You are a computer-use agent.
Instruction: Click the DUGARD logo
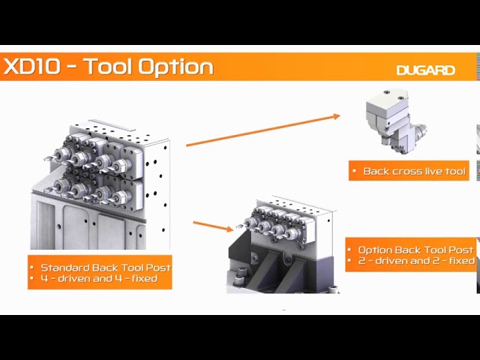pyautogui.click(x=426, y=70)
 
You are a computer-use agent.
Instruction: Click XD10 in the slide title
pyautogui.click(x=31, y=67)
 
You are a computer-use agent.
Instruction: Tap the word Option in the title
pyautogui.click(x=175, y=67)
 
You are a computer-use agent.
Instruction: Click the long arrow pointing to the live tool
pyautogui.click(x=263, y=130)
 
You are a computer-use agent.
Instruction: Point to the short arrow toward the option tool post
pyautogui.click(x=213, y=226)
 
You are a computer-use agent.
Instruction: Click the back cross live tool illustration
pyautogui.click(x=396, y=121)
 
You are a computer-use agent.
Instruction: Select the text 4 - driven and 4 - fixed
pyautogui.click(x=99, y=279)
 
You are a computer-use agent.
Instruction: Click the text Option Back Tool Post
pyautogui.click(x=415, y=250)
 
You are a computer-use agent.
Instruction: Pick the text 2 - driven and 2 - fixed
pyautogui.click(x=416, y=261)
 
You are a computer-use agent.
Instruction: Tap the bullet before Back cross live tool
pyautogui.click(x=355, y=171)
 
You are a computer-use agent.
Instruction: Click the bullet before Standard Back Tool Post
pyautogui.click(x=31, y=268)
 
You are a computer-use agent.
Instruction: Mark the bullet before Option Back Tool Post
pyautogui.click(x=349, y=250)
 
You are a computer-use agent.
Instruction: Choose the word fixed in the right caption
pyautogui.click(x=462, y=261)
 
